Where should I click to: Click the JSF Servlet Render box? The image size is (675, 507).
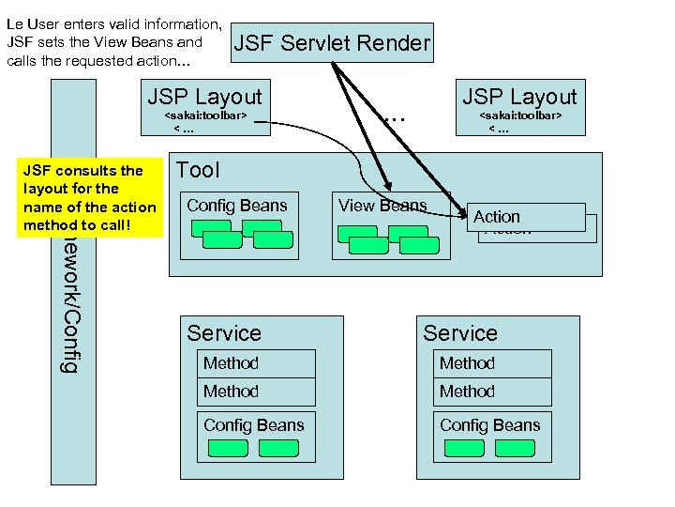click(331, 43)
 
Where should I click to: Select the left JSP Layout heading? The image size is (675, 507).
click(205, 97)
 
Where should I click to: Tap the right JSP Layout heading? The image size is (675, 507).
click(520, 97)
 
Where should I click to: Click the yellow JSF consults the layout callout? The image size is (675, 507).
click(90, 197)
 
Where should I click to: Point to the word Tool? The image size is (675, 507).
click(198, 170)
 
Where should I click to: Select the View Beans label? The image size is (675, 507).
click(382, 206)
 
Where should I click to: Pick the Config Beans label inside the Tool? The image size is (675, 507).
click(236, 206)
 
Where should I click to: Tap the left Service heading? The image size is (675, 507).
click(224, 333)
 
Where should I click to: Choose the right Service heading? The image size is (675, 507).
click(460, 333)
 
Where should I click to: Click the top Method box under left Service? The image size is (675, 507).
click(257, 363)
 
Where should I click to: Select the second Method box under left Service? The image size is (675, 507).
click(257, 392)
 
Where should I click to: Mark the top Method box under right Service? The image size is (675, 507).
click(493, 363)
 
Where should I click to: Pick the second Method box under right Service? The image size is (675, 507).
click(493, 392)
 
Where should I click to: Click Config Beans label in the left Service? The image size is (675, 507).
click(254, 425)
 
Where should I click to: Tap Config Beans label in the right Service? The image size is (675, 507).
click(490, 425)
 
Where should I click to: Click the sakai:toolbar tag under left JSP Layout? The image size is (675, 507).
click(205, 116)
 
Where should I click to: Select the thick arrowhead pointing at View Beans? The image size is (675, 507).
click(384, 188)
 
